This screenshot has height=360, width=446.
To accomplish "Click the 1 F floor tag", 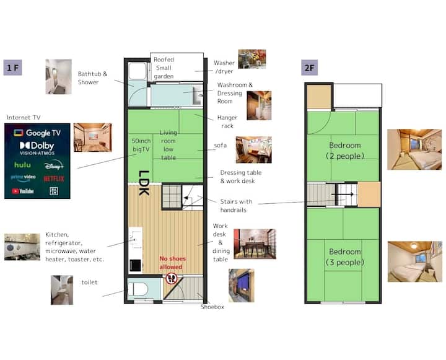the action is [12, 68].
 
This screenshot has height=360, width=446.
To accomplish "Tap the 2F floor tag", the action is [309, 68].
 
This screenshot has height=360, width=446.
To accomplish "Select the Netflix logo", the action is [54, 178].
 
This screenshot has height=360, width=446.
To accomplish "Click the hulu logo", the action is [22, 165].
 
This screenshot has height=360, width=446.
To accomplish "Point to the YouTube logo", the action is [23, 191].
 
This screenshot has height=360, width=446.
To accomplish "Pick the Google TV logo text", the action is [37, 133].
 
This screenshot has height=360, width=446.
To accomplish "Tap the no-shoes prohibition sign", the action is [171, 279].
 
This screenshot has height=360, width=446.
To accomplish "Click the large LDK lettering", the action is [144, 183].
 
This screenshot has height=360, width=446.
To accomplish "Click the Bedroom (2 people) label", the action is [345, 151].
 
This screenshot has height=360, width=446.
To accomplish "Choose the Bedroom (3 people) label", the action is [345, 257].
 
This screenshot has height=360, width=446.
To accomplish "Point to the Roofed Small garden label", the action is [164, 68].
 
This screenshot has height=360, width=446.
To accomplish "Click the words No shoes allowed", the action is [172, 263].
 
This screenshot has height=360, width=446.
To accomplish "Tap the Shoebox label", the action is [212, 307].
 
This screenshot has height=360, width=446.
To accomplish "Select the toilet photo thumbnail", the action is [62, 290].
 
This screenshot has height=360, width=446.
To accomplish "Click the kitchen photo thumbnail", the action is [22, 247].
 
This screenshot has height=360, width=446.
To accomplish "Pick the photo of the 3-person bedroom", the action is [414, 261].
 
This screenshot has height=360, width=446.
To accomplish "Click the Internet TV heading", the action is [24, 118].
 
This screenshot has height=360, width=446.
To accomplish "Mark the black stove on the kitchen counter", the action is [136, 265].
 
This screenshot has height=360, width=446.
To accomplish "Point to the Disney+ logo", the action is [54, 165].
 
